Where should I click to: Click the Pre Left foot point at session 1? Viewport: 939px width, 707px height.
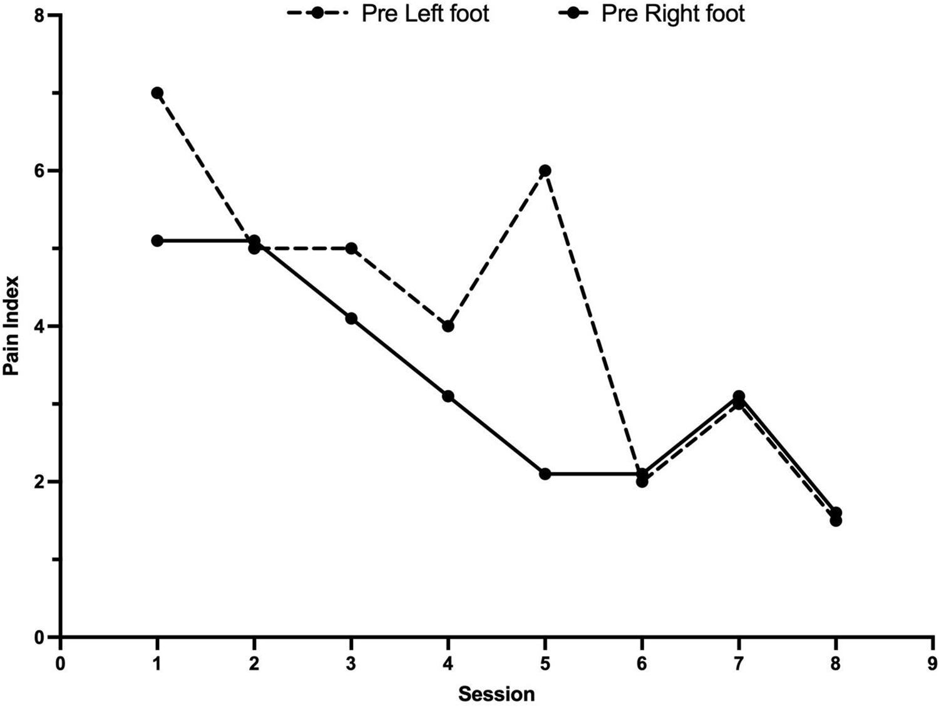pyautogui.click(x=157, y=93)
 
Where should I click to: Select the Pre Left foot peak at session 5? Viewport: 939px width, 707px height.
pyautogui.click(x=545, y=170)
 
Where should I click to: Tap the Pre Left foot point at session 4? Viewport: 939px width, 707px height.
pyautogui.click(x=448, y=326)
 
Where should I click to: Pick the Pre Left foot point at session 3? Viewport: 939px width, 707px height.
pyautogui.click(x=351, y=248)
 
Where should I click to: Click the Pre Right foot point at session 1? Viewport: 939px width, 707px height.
pyautogui.click(x=157, y=240)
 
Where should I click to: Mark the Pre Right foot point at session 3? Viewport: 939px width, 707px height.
pyautogui.click(x=351, y=319)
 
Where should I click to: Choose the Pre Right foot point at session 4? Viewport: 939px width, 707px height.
pyautogui.click(x=448, y=396)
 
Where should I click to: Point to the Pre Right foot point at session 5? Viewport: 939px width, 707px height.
pyautogui.click(x=545, y=474)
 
